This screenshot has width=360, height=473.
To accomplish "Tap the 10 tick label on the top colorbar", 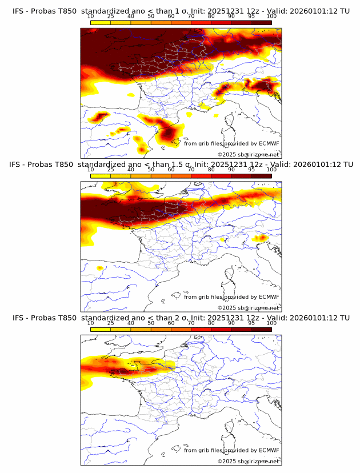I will pos(91,16).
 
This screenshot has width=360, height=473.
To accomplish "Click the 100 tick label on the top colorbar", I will pos(271,16).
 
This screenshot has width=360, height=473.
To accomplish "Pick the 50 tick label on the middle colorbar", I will pos(151,170).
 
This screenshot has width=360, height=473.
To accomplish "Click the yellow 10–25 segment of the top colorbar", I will pos(101,22).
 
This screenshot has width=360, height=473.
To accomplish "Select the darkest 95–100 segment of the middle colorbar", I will pos(262,175).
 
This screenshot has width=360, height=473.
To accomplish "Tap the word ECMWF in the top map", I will pos(269,143).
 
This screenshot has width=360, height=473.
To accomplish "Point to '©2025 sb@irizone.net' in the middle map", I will pos(248,307).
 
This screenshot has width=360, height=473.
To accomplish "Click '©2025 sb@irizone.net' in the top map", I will pos(248,154).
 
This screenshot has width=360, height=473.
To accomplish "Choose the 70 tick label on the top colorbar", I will pos(191,16).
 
